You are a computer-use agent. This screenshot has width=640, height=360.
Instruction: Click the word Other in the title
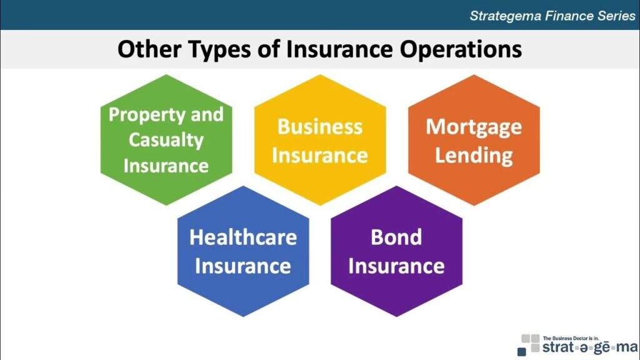click(x=149, y=49)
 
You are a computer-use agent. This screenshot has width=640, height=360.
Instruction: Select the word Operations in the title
click(x=461, y=50)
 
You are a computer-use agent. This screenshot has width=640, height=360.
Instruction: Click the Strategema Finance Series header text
click(x=552, y=16)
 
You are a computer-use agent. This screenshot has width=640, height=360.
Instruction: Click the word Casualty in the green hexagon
click(x=166, y=141)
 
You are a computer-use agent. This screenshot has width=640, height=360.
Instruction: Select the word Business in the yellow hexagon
click(x=320, y=126)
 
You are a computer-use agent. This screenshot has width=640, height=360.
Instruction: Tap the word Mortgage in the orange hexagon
click(x=474, y=127)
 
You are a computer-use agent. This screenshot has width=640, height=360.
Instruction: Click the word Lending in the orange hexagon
click(x=474, y=156)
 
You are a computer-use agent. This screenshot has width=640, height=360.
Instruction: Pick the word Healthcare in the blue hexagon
click(x=243, y=237)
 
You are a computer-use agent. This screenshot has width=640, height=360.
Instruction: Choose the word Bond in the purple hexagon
click(x=396, y=237)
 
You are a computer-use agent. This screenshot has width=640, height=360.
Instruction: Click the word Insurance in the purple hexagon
click(x=396, y=266)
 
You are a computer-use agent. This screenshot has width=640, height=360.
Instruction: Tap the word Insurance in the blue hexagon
click(x=243, y=266)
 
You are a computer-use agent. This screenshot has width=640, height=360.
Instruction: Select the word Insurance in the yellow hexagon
click(x=320, y=156)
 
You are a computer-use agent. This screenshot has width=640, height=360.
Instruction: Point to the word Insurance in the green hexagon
click(x=166, y=166)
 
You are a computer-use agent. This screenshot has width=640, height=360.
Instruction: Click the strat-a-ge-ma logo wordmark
click(x=590, y=347)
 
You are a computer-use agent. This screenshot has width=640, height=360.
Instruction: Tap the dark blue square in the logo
click(x=522, y=351)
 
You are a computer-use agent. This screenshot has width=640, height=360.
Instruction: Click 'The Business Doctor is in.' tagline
click(x=571, y=338)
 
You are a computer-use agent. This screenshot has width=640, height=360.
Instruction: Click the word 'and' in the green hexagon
click(x=207, y=115)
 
